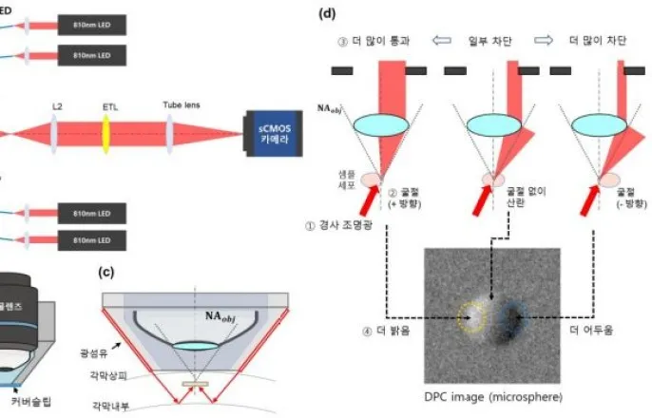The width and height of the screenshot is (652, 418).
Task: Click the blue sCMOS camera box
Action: tap(276, 131)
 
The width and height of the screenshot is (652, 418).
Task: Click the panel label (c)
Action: tap(107, 272)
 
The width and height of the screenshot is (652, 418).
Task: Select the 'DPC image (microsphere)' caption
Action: tap(490, 395)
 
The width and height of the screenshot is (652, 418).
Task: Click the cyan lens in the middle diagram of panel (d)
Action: tap(491, 124)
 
